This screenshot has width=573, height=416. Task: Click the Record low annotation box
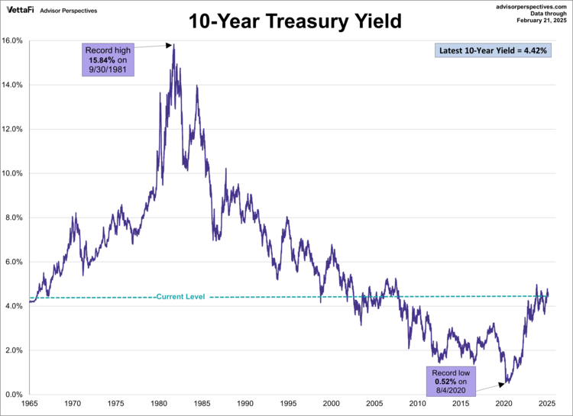[451, 379]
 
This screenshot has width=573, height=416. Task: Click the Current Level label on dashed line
[180, 296]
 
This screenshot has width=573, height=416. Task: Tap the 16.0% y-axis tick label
[15, 40]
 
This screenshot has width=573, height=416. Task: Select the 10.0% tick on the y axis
[15, 173]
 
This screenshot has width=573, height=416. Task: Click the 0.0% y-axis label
[15, 395]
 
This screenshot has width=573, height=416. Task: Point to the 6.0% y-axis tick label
[15, 262]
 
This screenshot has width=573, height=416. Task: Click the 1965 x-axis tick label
[30, 403]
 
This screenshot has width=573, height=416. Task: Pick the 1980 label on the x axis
[159, 403]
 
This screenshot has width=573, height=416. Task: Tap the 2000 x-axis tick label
[331, 403]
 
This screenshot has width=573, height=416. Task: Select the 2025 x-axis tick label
[546, 403]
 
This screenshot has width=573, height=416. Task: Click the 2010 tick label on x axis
[417, 403]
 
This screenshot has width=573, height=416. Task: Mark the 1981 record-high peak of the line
[174, 45]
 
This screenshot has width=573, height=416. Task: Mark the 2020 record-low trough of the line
[505, 383]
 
